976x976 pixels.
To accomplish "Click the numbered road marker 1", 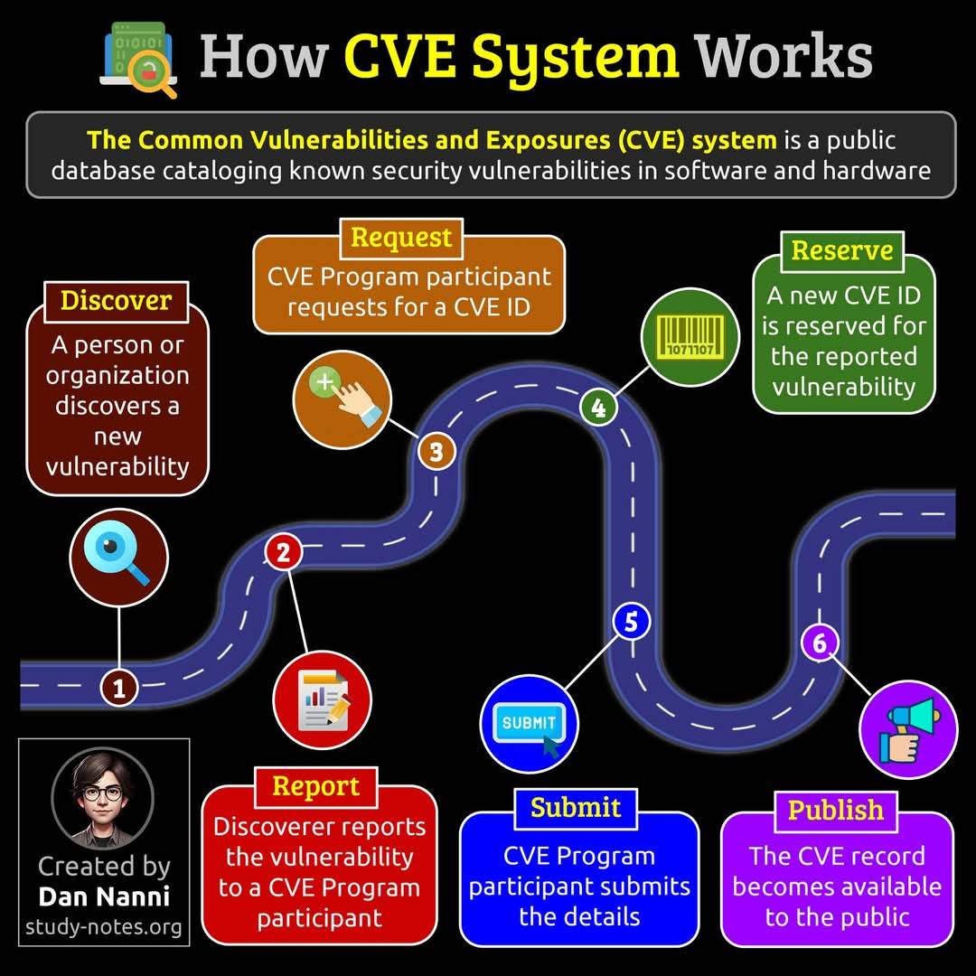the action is [x=119, y=687].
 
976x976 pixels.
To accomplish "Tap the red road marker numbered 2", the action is [x=283, y=552].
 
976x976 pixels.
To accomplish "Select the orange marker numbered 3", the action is [x=436, y=451].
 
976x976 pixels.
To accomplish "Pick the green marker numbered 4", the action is [x=598, y=408].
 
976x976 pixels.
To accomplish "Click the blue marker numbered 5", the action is [x=631, y=621].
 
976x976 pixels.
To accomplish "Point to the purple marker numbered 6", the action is [x=820, y=643].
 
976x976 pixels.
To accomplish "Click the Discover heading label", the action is [x=116, y=301].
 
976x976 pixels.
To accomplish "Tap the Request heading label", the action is [x=401, y=238].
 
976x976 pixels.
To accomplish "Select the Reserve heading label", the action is [x=842, y=251].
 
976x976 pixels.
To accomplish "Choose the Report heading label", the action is [x=315, y=787].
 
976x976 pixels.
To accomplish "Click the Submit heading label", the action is [x=576, y=809].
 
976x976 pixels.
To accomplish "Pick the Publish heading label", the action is [x=835, y=811].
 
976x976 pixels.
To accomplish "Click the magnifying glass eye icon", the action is [x=118, y=557].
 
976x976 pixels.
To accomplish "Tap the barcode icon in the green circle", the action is [x=690, y=337].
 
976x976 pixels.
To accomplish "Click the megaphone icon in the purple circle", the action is [x=908, y=729].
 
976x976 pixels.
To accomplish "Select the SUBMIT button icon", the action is [x=529, y=724].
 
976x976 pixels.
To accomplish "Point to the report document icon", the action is [x=322, y=699].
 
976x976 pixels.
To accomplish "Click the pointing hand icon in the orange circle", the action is [x=342, y=399].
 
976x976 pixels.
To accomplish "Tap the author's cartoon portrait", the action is [x=103, y=799].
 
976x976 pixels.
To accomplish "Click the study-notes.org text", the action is [x=103, y=927].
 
